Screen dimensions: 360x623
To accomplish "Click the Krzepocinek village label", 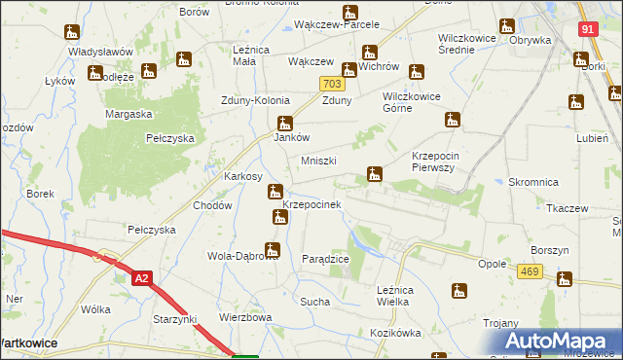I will click(311, 205).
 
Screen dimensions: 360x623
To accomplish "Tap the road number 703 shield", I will click(330, 86).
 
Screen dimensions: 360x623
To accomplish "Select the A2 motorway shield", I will click(143, 278).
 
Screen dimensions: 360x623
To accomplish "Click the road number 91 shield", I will click(586, 30).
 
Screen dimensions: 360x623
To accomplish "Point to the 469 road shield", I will click(530, 271).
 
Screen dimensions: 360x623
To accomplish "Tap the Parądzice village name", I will click(325, 259).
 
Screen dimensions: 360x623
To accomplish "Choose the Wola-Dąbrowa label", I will click(237, 257).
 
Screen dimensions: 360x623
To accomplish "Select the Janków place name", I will click(290, 138).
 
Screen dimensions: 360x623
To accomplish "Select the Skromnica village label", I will click(532, 183).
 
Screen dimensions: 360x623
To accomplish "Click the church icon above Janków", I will click(285, 123).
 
